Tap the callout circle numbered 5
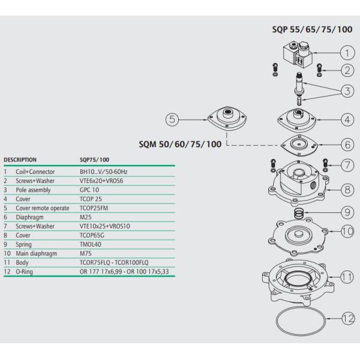tap(173, 120)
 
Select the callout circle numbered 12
tap(347, 319)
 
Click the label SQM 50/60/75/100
tap(179, 145)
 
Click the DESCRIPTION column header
tap(20, 160)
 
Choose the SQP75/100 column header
tap(95, 160)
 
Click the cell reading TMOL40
tap(91, 244)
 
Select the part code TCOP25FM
tap(94, 208)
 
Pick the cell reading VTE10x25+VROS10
tap(104, 226)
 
